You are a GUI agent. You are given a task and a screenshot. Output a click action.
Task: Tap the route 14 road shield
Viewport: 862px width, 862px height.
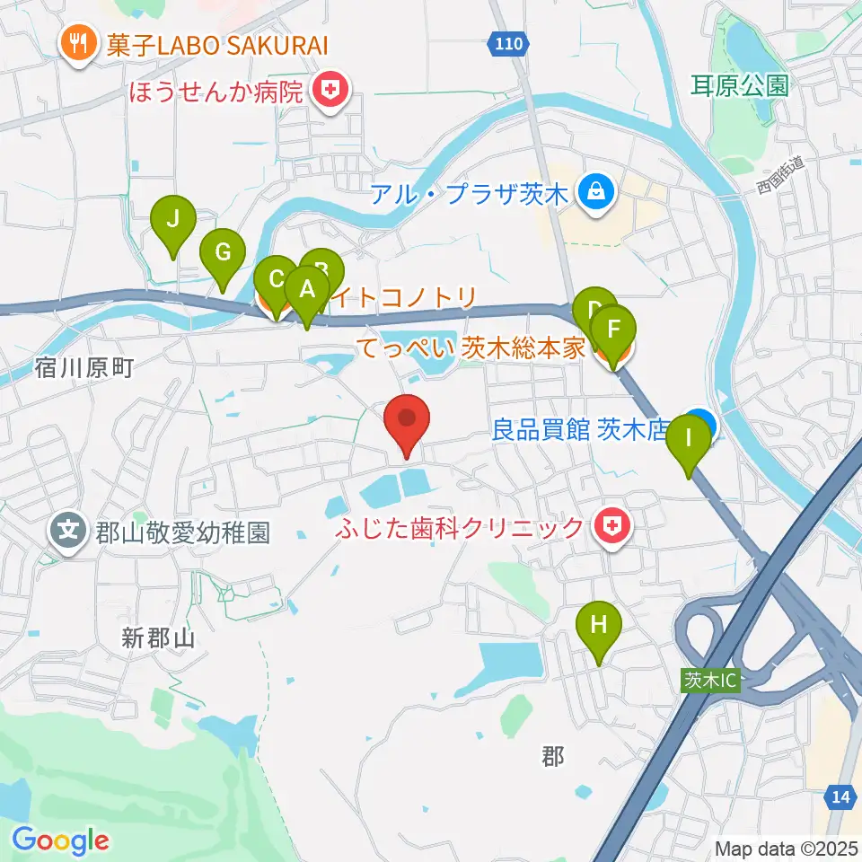tap(840, 796)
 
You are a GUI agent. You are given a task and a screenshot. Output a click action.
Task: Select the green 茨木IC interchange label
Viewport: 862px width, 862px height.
tap(709, 681)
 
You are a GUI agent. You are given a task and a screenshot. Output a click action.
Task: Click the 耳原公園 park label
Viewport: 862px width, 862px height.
tap(740, 86)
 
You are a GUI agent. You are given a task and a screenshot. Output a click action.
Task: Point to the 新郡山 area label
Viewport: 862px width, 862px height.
tap(158, 638)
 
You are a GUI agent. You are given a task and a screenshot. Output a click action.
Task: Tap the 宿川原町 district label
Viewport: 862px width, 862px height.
tap(85, 366)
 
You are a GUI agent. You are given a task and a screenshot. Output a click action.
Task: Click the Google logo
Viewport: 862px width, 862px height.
tap(60, 840)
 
